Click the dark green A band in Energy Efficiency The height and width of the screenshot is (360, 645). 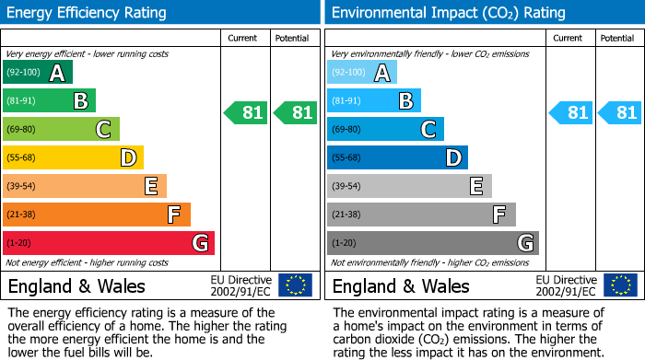tap(38, 73)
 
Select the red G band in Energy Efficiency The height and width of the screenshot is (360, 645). tap(109, 243)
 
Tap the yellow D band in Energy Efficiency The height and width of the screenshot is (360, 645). tap(73, 158)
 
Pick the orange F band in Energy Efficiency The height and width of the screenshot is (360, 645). tap(97, 215)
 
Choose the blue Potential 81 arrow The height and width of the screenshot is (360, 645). tap(620, 113)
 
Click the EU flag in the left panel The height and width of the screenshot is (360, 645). tap(296, 285)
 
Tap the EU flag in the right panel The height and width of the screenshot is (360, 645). tap(620, 285)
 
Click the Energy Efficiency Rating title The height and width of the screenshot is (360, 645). tap(88, 13)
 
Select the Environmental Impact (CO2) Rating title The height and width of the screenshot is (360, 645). tap(448, 13)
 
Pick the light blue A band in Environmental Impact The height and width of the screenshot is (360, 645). tap(362, 73)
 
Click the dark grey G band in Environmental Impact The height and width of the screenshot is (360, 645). tap(432, 243)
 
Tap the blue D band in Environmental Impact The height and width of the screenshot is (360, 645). tap(397, 158)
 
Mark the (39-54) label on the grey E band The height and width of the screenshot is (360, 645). tap(346, 187)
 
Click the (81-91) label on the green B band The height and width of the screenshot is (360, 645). tap(22, 101)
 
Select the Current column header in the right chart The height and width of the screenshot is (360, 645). tap(569, 38)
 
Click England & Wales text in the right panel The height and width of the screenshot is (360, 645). tap(401, 286)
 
